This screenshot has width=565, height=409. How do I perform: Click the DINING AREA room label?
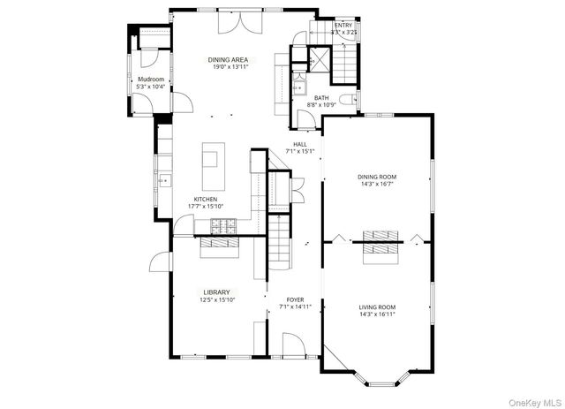[x=228, y=60]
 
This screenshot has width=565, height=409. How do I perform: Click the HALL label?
[x=300, y=143]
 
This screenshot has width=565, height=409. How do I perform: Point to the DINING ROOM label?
[x=377, y=177]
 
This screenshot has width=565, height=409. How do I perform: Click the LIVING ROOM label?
[x=377, y=307]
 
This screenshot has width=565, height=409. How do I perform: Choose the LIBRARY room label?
[x=216, y=292]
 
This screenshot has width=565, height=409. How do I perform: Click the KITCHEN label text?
[x=206, y=199]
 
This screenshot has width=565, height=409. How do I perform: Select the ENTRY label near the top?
[x=343, y=25]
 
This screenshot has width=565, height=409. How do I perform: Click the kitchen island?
[x=211, y=167]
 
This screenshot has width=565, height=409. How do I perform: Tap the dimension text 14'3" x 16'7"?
[x=377, y=185]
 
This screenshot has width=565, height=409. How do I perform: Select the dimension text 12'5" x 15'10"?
[x=216, y=300]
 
